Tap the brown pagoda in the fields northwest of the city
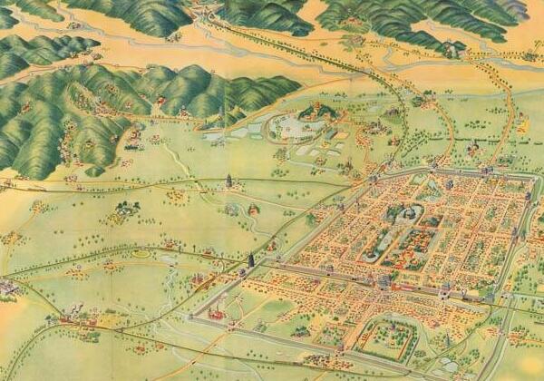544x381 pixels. coord(229,181)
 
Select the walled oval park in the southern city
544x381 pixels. coord(384,339)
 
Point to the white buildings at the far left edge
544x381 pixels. coord(7,288)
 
